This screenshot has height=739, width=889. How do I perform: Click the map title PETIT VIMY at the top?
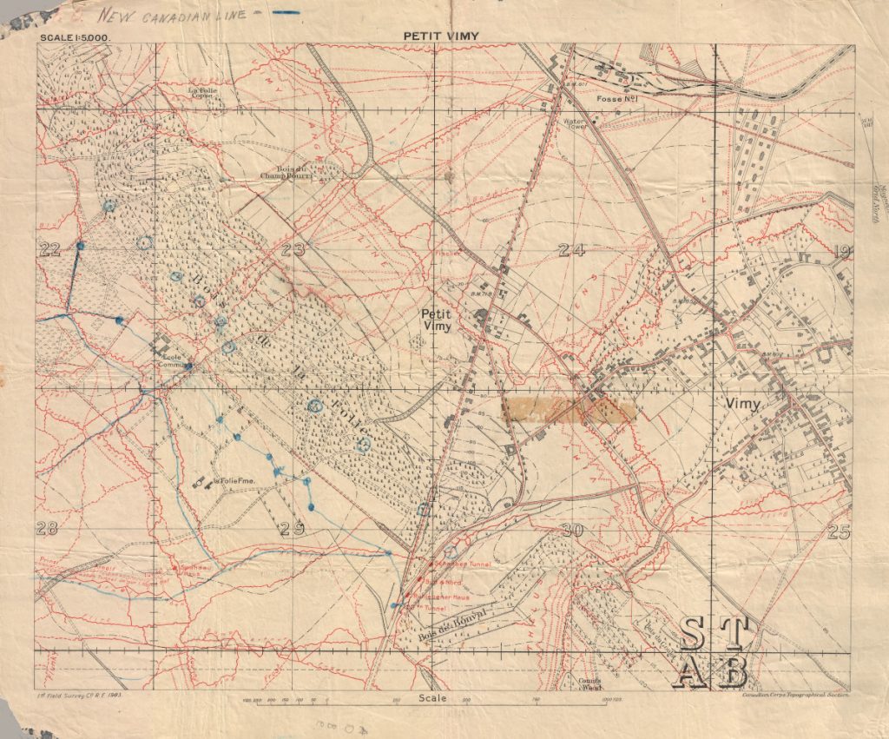click(441, 36)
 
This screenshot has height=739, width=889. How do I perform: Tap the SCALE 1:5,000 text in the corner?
click(74, 38)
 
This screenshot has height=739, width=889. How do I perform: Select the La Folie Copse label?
click(205, 90)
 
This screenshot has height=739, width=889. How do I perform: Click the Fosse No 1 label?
click(617, 100)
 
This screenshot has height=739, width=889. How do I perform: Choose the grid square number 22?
click(49, 250)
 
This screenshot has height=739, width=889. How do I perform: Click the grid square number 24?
click(571, 251)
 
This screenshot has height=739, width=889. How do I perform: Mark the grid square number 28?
click(47, 529)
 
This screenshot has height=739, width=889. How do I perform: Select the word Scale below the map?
click(431, 698)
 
